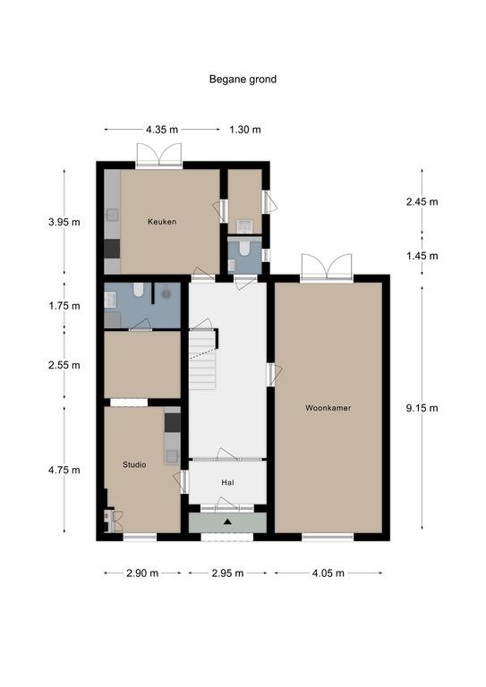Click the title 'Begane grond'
(243, 80)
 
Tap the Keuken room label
(162, 222)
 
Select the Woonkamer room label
(328, 408)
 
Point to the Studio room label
(134, 464)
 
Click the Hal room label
(227, 482)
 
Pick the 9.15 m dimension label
(422, 408)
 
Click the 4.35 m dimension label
(162, 130)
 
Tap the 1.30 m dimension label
(245, 130)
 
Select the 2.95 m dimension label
(227, 573)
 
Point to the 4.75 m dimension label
(64, 471)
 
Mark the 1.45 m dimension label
(422, 256)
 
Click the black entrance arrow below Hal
(227, 522)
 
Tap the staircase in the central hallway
(203, 360)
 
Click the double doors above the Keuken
(159, 155)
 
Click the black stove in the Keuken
(112, 249)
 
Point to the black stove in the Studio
(172, 422)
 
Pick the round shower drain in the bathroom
(166, 294)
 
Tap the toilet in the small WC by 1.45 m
(244, 249)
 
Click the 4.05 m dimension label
(328, 573)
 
